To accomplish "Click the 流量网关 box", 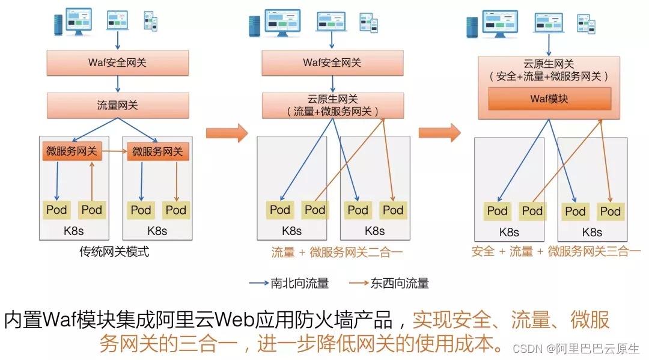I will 117,105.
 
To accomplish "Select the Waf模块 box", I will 549,99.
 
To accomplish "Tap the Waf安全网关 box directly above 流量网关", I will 117,63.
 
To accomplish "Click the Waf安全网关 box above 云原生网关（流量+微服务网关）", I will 332,63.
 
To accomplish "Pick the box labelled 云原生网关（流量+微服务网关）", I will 332,105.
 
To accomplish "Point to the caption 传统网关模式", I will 114,252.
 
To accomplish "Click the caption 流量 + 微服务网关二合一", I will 337,252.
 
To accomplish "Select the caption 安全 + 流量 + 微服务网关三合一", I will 556,252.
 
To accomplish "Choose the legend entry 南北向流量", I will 299,283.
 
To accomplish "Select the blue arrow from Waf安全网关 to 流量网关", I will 117,84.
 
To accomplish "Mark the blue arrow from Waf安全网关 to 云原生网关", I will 332,84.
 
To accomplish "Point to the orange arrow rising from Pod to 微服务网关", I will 91,180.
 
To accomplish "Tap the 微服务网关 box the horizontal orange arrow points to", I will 157,152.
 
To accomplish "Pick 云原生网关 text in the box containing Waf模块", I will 549,64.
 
